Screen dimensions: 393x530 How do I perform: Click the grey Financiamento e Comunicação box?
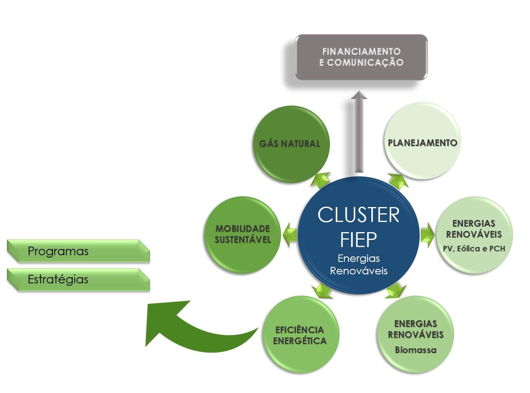361,57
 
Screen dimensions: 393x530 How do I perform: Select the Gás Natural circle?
290,143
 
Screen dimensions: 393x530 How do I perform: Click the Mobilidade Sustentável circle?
243,234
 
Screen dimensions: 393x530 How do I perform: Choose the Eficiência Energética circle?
300,335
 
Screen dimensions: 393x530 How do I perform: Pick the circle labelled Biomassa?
415,335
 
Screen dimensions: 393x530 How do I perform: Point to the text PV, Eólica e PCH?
474,249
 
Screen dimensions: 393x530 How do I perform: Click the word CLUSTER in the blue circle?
358,215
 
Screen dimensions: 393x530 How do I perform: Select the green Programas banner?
78,251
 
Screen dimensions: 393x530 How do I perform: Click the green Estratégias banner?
78,279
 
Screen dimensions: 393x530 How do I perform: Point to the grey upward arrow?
359,133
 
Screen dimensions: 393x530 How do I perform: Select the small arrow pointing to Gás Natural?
321,180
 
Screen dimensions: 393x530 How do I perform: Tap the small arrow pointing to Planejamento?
398,181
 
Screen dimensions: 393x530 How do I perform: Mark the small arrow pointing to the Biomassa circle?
396,291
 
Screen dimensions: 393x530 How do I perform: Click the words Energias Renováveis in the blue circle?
358,264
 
